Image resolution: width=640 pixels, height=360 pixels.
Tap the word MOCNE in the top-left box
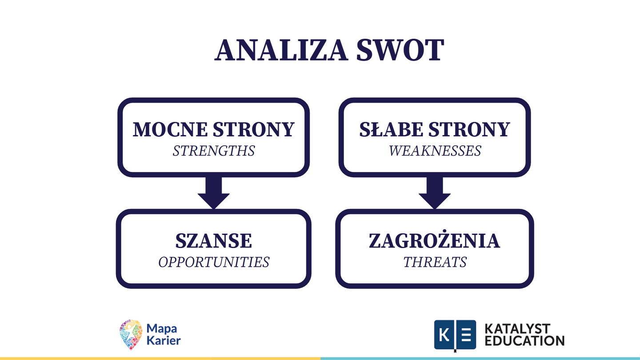click(170, 129)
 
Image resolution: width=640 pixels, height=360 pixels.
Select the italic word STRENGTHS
click(214, 151)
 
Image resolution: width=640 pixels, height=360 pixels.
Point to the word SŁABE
click(391, 129)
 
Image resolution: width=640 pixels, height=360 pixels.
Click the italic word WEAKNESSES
click(435, 151)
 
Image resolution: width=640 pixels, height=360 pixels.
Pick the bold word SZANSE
click(214, 241)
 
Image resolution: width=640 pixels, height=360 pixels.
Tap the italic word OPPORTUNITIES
click(214, 262)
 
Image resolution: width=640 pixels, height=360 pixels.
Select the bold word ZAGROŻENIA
click(434, 240)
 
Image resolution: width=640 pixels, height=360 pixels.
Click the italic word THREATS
click(435, 262)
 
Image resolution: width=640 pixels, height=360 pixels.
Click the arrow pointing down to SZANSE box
click(214, 193)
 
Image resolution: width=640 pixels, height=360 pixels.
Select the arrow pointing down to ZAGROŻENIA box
click(435, 193)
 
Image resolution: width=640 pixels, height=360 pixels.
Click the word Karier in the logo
click(164, 340)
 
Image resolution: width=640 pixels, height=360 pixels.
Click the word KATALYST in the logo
click(517, 329)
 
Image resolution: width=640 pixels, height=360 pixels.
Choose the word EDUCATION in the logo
click(524, 341)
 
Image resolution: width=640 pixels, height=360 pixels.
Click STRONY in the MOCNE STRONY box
click(254, 129)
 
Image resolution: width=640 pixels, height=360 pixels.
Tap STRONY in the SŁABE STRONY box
click(469, 129)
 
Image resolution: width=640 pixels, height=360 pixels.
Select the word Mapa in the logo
click(162, 329)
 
